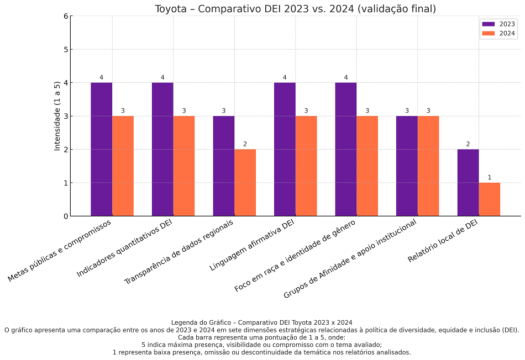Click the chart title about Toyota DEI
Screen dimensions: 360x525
click(295, 8)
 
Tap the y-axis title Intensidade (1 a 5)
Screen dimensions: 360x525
click(57, 116)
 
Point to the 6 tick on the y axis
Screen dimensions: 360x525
click(66, 16)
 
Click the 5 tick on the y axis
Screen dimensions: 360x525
click(66, 49)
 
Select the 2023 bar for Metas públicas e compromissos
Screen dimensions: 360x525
click(102, 149)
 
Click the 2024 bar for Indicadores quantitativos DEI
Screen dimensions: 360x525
click(184, 166)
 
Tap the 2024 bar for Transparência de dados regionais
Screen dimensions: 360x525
click(245, 182)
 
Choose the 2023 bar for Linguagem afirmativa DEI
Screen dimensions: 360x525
click(285, 149)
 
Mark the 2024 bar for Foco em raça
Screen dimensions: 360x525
click(367, 166)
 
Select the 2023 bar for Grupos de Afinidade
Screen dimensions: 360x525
click(407, 166)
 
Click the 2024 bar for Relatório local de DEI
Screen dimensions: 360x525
click(489, 199)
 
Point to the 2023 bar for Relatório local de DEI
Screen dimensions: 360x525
click(468, 182)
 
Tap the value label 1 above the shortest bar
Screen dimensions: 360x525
click(489, 177)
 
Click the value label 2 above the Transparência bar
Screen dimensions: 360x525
click(245, 144)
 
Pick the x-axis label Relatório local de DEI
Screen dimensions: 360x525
click(443, 241)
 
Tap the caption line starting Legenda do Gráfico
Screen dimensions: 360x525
click(262, 322)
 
